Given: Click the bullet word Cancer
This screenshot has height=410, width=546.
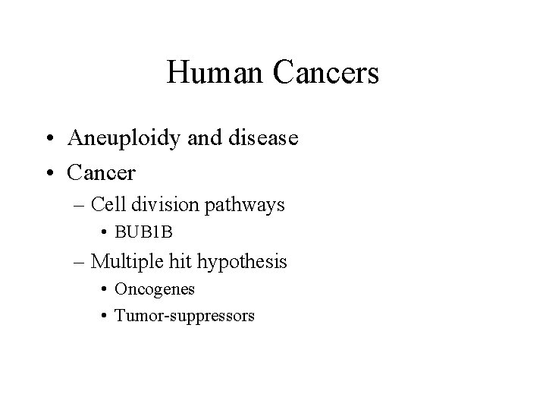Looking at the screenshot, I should (101, 173).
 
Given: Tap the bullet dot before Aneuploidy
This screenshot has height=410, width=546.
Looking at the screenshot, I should (51, 139).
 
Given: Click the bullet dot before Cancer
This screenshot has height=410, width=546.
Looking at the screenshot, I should (51, 173).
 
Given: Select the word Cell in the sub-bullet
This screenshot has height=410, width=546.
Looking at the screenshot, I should (106, 205).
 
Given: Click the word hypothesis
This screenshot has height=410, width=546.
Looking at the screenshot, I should (242, 263).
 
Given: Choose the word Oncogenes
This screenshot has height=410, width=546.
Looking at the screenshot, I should (155, 289).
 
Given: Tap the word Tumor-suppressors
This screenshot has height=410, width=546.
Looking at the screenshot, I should (184, 314).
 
